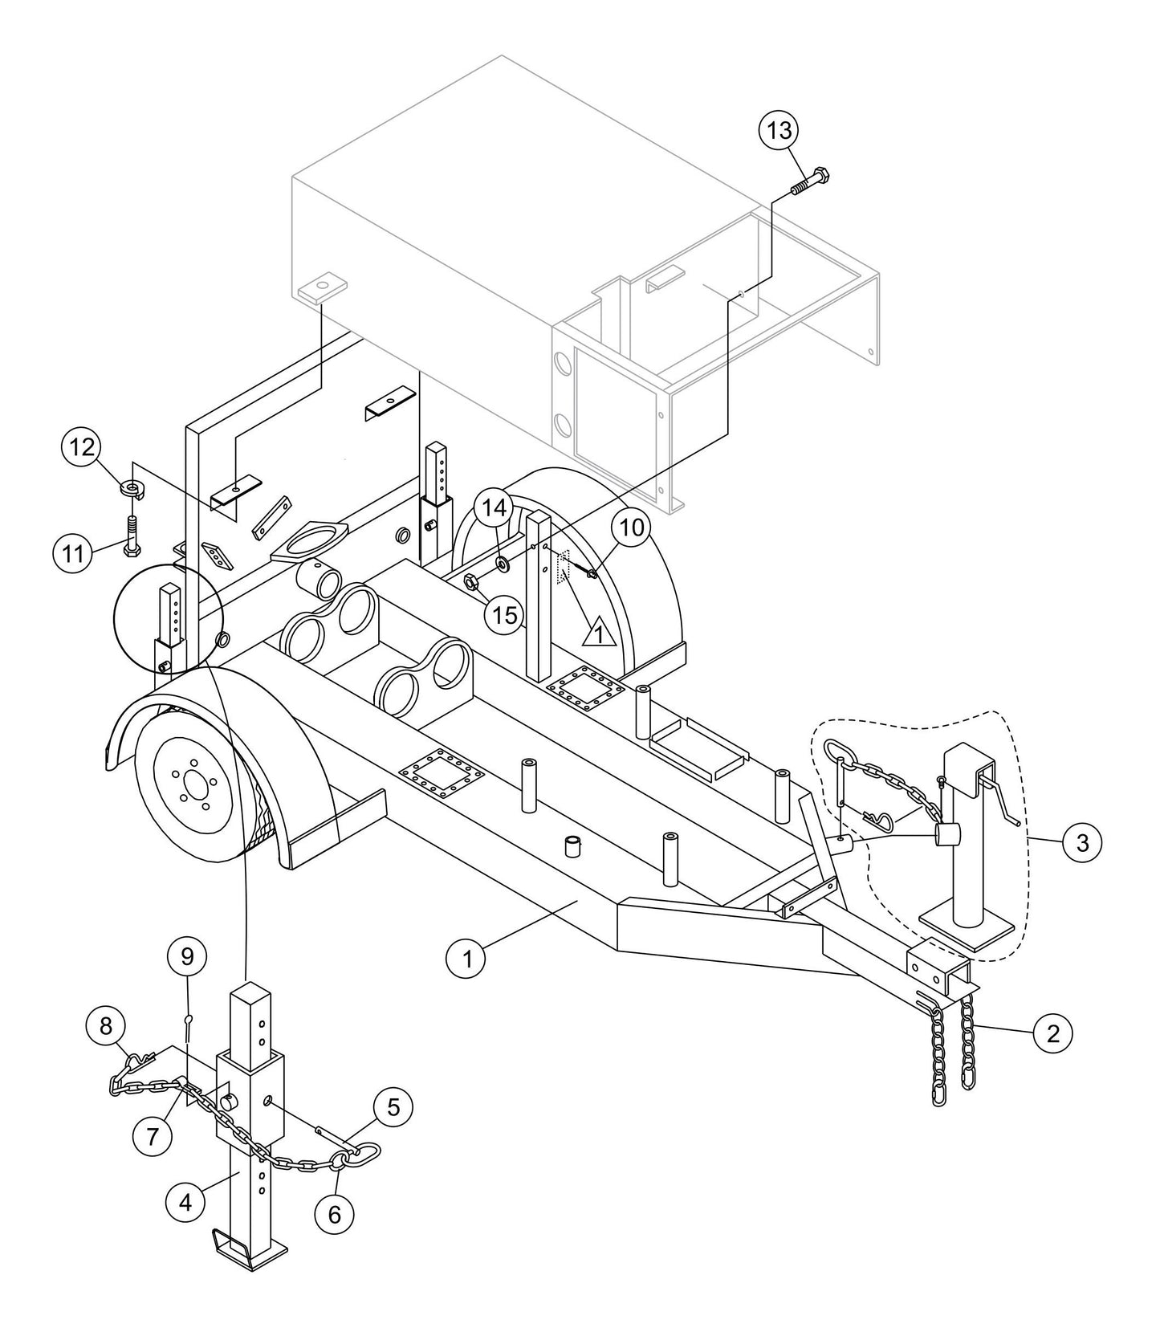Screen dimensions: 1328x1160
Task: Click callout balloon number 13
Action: pos(779,130)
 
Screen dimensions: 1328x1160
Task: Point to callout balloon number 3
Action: pos(1083,842)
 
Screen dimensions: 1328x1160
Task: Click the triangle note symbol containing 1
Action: pos(597,634)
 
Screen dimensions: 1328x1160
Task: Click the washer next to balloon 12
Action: pos(129,487)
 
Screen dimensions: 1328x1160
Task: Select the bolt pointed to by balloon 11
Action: pos(132,534)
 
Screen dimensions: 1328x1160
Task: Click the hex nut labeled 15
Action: pos(473,580)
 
